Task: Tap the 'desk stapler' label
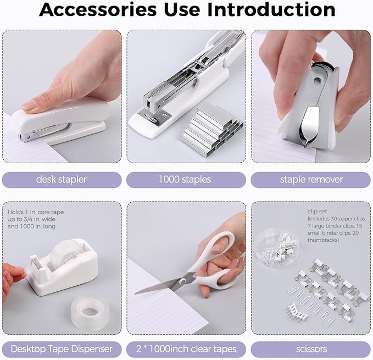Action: [x=62, y=179]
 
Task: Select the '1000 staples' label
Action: [x=185, y=179]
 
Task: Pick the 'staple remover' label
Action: [x=311, y=179]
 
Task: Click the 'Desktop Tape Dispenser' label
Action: [x=62, y=348]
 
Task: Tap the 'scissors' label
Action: [x=311, y=348]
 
